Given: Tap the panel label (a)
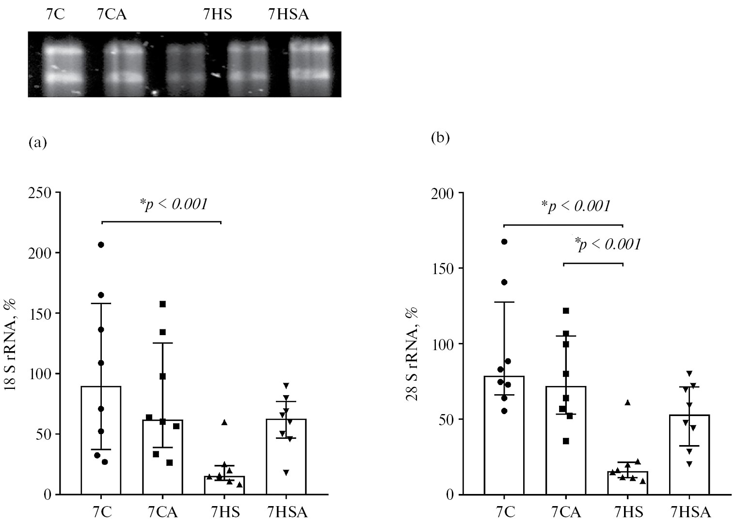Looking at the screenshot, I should [38, 142].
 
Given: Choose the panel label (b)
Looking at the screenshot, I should [440, 138].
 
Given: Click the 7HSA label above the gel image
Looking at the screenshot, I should [288, 15].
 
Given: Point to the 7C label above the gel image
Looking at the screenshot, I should [54, 15].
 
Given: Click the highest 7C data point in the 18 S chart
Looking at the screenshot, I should [101, 245].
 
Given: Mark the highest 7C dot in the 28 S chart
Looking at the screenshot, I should [504, 241].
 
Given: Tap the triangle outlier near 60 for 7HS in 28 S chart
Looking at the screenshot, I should [627, 402].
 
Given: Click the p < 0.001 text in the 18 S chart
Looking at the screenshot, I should [174, 204].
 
